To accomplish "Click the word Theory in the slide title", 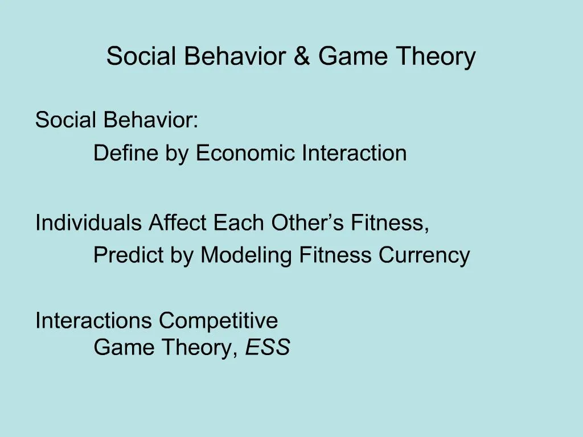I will click(436, 57).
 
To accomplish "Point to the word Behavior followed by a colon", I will click(151, 120).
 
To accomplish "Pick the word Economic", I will click(246, 153).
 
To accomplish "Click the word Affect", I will click(178, 222).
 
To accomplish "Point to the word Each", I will click(239, 222).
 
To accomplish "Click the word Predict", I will click(129, 255).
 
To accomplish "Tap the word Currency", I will click(424, 255).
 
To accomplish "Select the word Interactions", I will click(94, 320).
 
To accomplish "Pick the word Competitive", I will click(219, 320).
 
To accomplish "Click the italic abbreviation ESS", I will click(268, 347).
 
